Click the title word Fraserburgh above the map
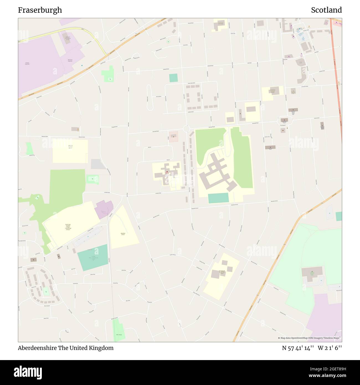(x=40, y=10)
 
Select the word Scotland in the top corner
(x=326, y=10)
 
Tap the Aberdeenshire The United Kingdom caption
(x=66, y=348)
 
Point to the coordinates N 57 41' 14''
(x=298, y=348)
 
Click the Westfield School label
(x=123, y=234)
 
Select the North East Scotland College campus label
(x=68, y=227)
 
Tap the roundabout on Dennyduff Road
(x=186, y=129)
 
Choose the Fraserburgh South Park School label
(x=222, y=272)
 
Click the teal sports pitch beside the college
(x=92, y=258)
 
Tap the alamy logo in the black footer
(x=28, y=372)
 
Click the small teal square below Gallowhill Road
(x=173, y=78)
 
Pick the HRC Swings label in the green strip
(x=119, y=335)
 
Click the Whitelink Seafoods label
(x=70, y=60)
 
